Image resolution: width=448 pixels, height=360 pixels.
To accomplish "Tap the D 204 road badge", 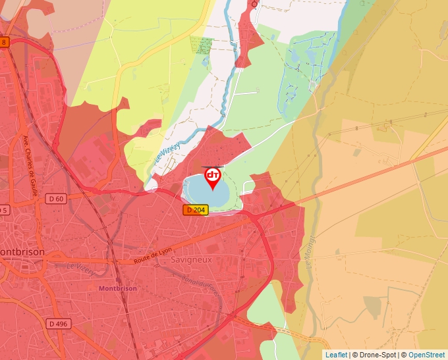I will coord(195,209).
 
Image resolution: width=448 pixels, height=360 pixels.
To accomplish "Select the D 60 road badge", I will coord(56,199).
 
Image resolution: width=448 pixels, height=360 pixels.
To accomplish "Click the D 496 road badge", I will coord(59,324).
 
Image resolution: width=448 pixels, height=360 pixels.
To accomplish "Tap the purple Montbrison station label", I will coord(117,288).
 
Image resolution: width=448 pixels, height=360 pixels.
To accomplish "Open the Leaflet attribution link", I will coord(336,355).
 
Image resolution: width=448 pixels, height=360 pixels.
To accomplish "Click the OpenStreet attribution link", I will coord(428,355).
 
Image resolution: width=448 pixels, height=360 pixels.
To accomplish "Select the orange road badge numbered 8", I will coord(4,42).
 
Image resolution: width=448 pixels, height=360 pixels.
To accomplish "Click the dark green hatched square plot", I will coord(202,45).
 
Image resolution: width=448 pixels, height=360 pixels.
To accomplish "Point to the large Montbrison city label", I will coord(21,252).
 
